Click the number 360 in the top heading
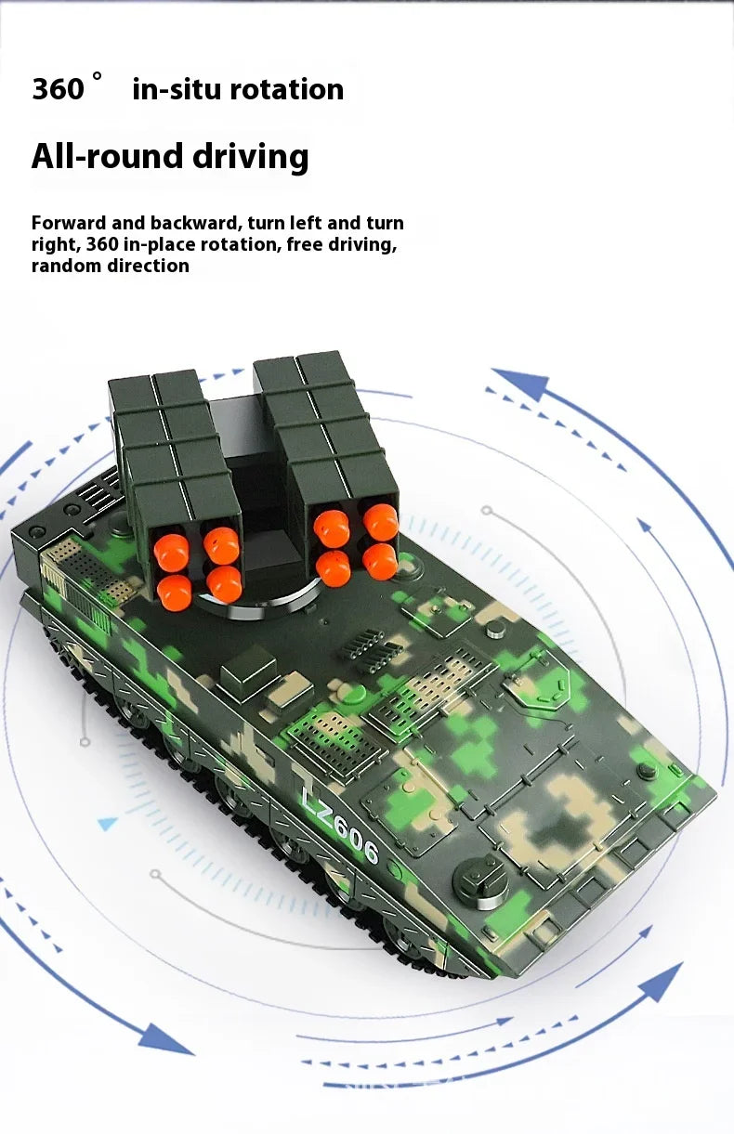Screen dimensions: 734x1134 58,89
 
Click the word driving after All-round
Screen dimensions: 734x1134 251,158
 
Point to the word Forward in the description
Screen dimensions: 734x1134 69,223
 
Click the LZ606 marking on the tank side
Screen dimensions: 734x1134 340,827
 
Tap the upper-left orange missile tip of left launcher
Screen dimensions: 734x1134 172,553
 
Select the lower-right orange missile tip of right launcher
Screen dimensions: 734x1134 380,562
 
